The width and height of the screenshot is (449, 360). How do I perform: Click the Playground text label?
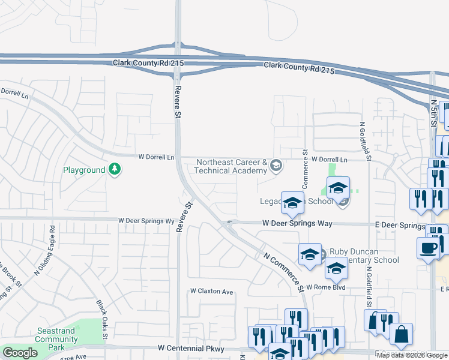(84, 170)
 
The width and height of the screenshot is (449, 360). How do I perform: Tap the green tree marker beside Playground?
(115, 170)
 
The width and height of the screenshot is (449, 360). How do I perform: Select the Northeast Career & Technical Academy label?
(231, 166)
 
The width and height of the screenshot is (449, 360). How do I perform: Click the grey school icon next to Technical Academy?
(276, 165)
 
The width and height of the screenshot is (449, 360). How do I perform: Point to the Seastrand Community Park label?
(56, 339)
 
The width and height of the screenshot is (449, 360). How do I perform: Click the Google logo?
(20, 353)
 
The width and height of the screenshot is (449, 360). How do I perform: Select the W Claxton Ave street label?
(211, 292)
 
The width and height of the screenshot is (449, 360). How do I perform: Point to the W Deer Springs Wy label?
(146, 221)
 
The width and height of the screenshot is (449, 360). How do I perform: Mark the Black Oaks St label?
(101, 319)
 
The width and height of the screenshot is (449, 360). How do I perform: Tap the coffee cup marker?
(429, 248)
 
